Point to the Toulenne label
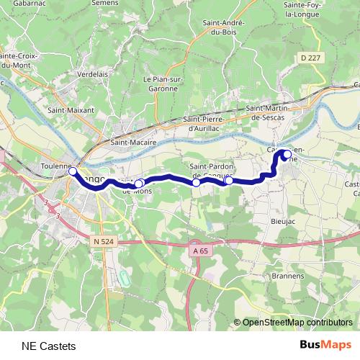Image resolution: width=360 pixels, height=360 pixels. click(x=55, y=166)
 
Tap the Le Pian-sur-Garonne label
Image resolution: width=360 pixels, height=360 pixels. click(x=161, y=84)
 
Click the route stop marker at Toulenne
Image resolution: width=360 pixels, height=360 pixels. click(x=73, y=171)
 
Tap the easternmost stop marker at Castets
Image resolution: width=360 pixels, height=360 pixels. click(x=288, y=153)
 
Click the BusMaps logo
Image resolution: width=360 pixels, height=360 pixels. click(x=326, y=345)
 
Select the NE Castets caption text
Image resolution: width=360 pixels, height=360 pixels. click(x=48, y=346)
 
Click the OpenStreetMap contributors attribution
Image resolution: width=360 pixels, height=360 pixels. click(x=297, y=323)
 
